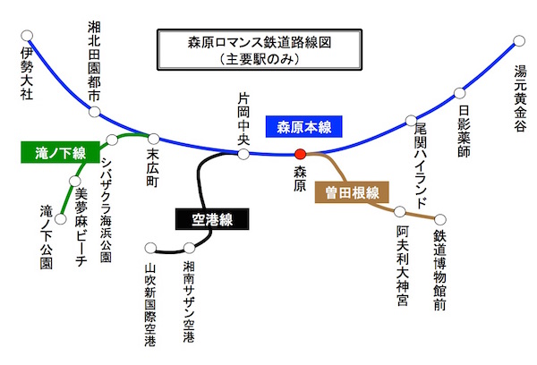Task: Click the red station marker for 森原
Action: [x=300, y=155]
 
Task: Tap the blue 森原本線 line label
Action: [x=303, y=126]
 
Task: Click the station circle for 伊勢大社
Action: [x=27, y=37]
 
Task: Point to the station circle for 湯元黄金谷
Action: [x=519, y=40]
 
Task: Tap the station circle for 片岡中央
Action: [x=243, y=154]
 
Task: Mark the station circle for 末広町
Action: [x=154, y=139]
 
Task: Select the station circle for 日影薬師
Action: [x=461, y=92]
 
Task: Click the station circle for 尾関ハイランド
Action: [x=411, y=119]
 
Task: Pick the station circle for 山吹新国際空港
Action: [x=151, y=248]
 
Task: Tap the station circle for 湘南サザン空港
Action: [x=188, y=248]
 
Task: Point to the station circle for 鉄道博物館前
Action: [x=439, y=218]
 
